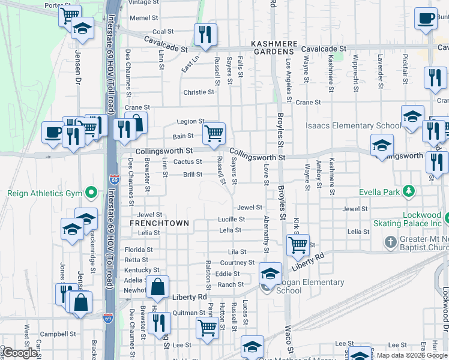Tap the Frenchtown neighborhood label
click(x=160, y=223)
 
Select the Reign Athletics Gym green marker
click(x=91, y=193)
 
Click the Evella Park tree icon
click(x=409, y=191)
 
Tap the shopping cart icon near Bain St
click(x=214, y=133)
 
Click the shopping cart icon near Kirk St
click(x=298, y=244)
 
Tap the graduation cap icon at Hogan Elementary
click(x=270, y=273)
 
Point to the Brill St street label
click(x=193, y=175)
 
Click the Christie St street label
click(x=199, y=92)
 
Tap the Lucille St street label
click(x=230, y=220)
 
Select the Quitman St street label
click(x=189, y=313)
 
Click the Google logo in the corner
click(x=20, y=353)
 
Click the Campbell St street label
click(x=54, y=333)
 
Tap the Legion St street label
click(x=190, y=121)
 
